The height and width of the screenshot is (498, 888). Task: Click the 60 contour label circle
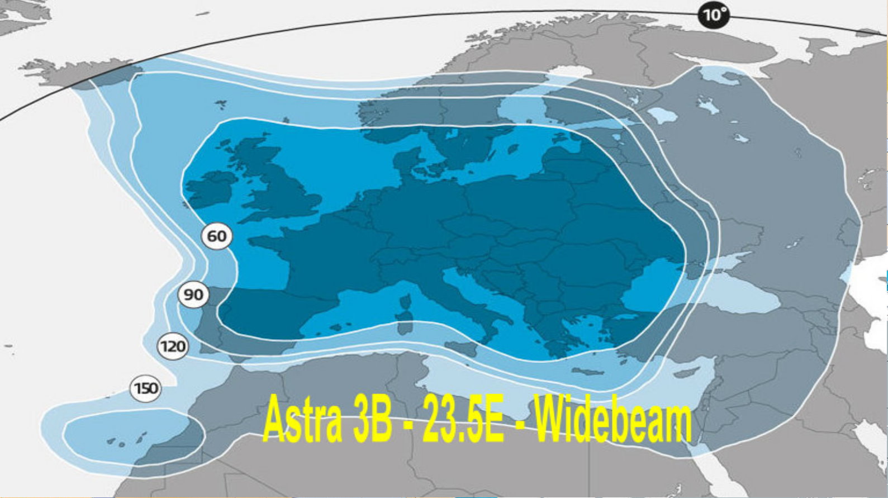[217, 236]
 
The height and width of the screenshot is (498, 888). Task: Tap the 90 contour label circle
[193, 295]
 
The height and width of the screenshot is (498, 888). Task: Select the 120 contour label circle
[173, 347]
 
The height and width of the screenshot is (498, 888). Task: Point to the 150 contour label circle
[146, 388]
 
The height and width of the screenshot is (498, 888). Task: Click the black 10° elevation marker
[713, 15]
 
